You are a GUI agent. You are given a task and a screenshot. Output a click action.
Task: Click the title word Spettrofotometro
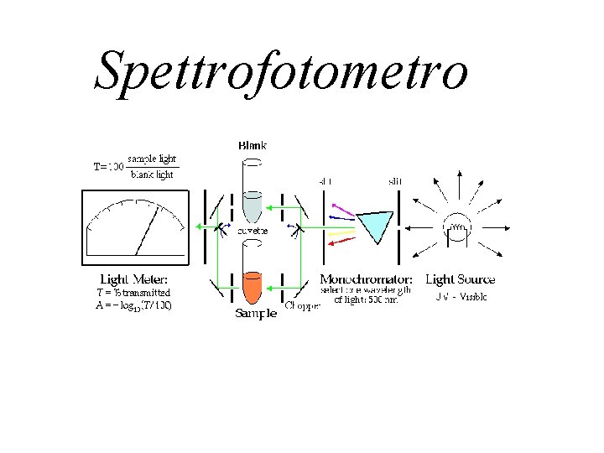pos(280,70)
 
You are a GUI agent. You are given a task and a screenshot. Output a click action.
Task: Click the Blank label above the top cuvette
pos(253,145)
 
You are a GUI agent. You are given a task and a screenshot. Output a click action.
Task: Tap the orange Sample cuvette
pos(253,287)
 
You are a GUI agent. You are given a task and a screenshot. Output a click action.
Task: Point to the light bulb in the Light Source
pos(459,226)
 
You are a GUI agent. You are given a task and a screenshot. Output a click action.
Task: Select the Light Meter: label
pos(133,279)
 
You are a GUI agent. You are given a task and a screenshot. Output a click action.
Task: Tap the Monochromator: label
pos(366,279)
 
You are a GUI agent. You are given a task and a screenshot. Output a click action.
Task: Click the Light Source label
pos(460,279)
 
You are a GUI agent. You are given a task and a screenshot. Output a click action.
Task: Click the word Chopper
pos(302,306)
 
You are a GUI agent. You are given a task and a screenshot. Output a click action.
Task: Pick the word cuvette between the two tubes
pos(253,232)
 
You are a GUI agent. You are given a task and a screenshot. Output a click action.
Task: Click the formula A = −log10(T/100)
pos(134,305)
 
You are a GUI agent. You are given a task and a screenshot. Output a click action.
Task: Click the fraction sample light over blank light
pos(151,166)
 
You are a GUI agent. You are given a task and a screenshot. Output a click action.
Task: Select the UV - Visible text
pos(461,297)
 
